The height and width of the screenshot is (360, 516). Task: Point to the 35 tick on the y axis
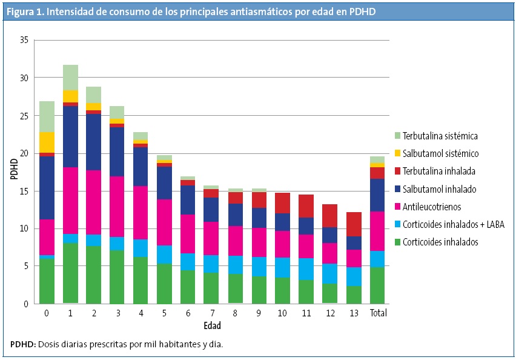pos(25,41)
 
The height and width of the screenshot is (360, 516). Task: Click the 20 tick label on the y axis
pos(25,153)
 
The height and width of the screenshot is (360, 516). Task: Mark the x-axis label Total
pos(379,313)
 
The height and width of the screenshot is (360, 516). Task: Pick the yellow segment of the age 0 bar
pos(47,142)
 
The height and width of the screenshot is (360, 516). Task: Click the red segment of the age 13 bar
pos(355,224)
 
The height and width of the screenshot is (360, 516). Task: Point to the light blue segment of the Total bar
pos(378,259)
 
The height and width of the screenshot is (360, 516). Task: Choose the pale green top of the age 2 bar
pos(94,95)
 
